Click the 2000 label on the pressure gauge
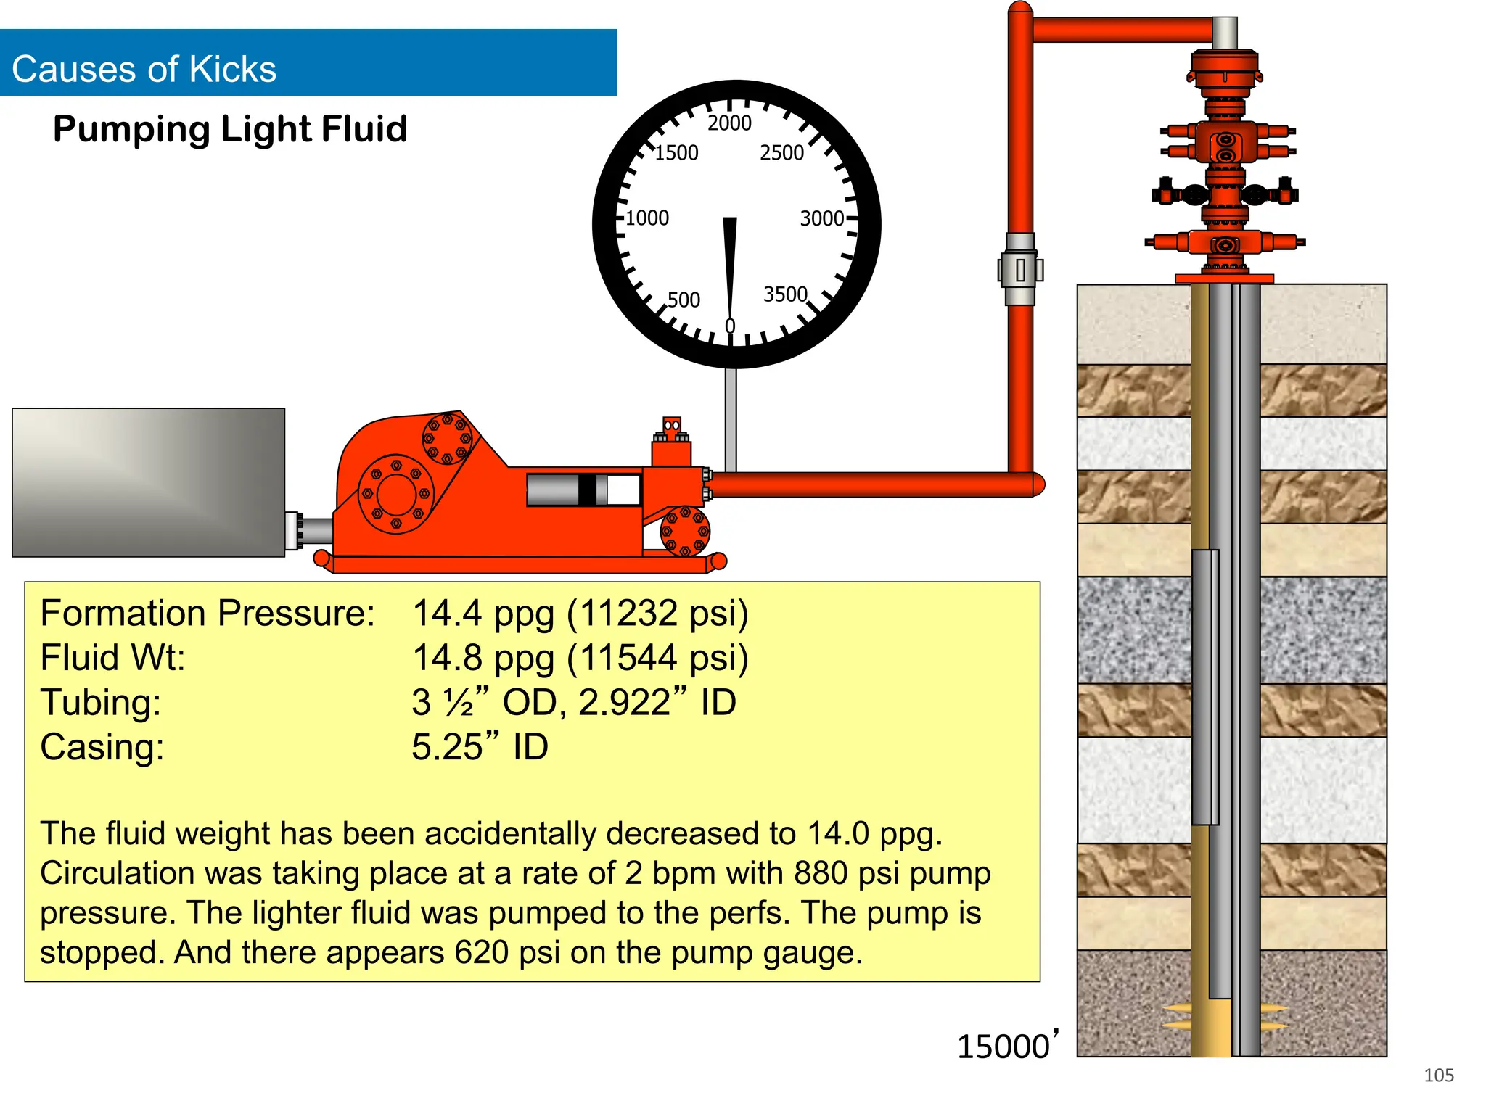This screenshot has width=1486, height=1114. tap(729, 123)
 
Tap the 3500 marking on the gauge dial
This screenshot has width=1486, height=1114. tap(785, 294)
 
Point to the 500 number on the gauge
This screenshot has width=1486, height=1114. tap(684, 300)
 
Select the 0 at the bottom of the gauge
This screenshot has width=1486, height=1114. tap(730, 327)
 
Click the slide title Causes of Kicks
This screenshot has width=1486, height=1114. tap(144, 70)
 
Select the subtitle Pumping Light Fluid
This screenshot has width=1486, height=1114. tap(230, 129)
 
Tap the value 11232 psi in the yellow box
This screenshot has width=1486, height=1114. tap(657, 614)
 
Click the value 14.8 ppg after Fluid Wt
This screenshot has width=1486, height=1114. tap(483, 659)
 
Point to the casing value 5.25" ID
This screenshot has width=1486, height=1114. tap(480, 748)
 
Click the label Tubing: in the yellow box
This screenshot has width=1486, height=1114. tap(101, 703)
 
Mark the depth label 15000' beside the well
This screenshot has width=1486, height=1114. tap(1007, 1046)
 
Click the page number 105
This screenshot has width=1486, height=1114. tap(1438, 1076)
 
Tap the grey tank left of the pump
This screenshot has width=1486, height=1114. tap(148, 482)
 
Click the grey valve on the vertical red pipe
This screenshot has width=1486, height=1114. tap(1020, 270)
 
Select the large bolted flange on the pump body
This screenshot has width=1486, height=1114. tap(395, 494)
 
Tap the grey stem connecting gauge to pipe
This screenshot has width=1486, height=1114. tap(731, 419)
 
